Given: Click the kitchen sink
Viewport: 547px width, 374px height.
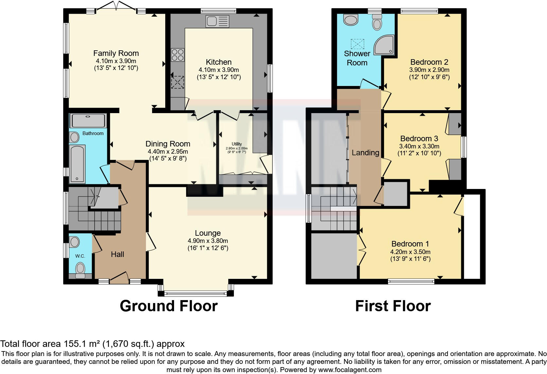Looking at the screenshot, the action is click(217, 21).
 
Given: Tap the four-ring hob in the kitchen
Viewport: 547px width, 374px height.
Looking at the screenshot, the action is click(178, 55).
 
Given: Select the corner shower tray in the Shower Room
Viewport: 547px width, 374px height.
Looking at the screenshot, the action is click(384, 45).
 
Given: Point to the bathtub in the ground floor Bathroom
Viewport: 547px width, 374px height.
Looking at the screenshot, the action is click(77, 164).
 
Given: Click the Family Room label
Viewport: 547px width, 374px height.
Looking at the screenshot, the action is click(116, 53).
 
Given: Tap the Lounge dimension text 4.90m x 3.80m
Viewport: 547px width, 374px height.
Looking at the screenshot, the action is click(208, 241).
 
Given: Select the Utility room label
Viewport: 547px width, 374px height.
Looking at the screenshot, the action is click(237, 144).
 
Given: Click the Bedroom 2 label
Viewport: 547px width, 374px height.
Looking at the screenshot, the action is click(429, 62).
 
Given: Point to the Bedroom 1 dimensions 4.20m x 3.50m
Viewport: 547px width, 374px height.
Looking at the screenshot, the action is click(410, 252).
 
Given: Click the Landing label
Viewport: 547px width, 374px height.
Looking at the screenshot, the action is click(365, 153).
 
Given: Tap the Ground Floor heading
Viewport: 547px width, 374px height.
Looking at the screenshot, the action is click(169, 306).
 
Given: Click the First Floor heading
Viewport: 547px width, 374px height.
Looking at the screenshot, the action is click(393, 306).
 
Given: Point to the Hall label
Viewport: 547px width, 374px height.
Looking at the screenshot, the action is click(117, 254).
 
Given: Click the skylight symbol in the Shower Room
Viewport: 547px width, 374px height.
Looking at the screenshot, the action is click(357, 44).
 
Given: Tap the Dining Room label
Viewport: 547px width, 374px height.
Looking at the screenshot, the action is click(168, 144).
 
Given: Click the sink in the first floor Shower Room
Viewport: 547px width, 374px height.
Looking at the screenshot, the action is click(350, 20).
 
